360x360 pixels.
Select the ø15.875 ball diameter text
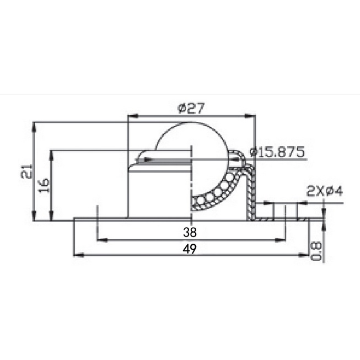(277, 152)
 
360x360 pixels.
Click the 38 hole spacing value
(190, 233)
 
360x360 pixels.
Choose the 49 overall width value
(190, 249)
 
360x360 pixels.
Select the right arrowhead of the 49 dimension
(305, 255)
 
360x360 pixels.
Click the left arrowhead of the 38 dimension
(101, 240)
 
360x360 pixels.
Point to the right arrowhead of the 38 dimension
(282, 240)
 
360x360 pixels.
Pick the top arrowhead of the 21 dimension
(35, 126)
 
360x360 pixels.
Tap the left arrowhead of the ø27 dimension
(132, 116)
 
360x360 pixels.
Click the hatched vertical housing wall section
(250, 190)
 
